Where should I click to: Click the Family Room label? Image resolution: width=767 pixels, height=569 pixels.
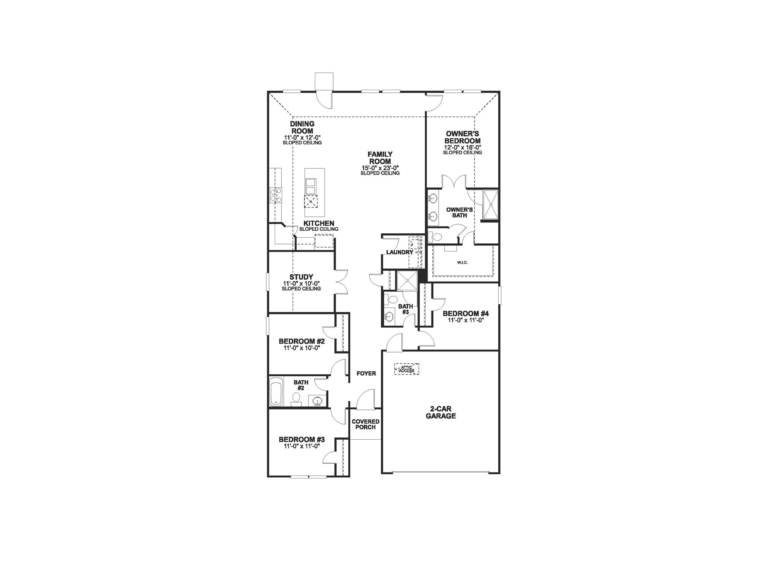(x=380, y=158)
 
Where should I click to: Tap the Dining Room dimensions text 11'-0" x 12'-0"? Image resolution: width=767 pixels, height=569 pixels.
(x=302, y=137)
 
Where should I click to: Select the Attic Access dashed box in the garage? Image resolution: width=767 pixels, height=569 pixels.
(x=407, y=369)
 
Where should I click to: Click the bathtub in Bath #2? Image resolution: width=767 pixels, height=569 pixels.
(x=276, y=392)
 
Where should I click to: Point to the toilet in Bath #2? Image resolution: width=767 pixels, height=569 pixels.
(x=296, y=399)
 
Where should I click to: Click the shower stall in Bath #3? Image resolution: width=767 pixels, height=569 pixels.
(x=407, y=281)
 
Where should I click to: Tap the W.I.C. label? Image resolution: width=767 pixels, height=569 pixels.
(x=462, y=263)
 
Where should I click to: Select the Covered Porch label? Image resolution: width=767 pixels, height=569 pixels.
(x=365, y=424)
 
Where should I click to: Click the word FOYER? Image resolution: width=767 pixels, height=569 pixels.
(x=366, y=373)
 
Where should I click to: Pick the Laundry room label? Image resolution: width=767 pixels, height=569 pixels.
(x=400, y=252)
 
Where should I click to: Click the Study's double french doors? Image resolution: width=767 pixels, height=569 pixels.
(x=342, y=282)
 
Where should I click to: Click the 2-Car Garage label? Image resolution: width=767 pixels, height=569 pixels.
(x=441, y=412)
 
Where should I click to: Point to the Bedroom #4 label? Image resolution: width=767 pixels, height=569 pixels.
(x=465, y=314)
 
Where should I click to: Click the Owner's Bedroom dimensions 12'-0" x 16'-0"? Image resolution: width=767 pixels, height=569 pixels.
(x=462, y=148)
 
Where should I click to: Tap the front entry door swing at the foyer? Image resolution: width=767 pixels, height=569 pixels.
(x=366, y=398)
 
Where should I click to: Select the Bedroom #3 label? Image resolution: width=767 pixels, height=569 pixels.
(x=302, y=440)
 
